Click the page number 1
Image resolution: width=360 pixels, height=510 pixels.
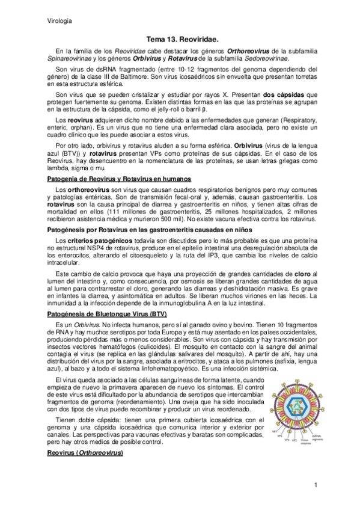click(x=315, y=485)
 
